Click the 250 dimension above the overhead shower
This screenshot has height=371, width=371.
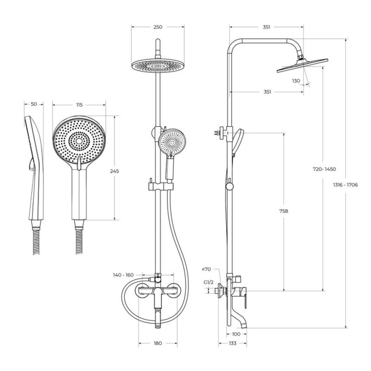[x=158, y=27]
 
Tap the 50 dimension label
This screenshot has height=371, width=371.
[x=34, y=104]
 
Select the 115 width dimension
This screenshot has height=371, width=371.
[x=79, y=105]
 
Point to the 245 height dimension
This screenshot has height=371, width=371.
[x=115, y=171]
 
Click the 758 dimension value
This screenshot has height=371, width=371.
[x=284, y=211]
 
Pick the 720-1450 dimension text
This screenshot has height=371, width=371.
[x=324, y=169]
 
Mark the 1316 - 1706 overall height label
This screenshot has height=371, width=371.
[x=345, y=185]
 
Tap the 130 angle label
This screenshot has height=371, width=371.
[x=296, y=81]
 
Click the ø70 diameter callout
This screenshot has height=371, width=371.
[x=206, y=269]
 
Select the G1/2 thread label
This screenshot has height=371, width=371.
[x=208, y=282]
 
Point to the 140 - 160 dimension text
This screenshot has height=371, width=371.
[x=123, y=275]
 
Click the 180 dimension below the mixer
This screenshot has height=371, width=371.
[x=158, y=343]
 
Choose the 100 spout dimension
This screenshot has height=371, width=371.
[x=236, y=334]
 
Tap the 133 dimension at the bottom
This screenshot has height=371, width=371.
[x=232, y=343]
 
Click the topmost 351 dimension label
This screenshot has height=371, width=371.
[x=266, y=27]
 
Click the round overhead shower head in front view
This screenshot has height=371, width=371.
[x=158, y=65]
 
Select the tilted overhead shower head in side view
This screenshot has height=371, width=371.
[x=302, y=65]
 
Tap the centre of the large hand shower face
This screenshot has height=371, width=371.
[x=79, y=141]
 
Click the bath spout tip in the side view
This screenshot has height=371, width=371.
[x=244, y=326]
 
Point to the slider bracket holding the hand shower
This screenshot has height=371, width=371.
[x=161, y=186]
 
